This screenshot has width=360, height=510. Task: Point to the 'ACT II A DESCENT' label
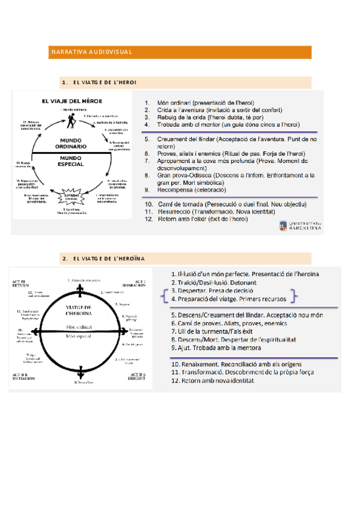(x=138, y=377)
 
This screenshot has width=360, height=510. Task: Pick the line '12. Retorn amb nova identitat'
(x=213, y=381)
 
